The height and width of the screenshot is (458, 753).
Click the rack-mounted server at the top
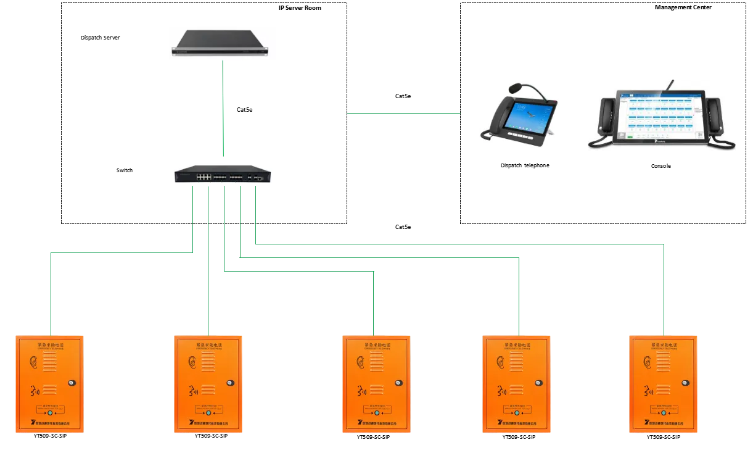coord(222,44)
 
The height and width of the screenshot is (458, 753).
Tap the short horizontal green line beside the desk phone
coord(404,112)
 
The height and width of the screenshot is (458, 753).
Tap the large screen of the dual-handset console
coord(661,115)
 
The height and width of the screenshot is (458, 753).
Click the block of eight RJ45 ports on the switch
coord(204,177)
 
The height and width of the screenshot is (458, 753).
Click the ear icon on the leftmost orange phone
coord(33,363)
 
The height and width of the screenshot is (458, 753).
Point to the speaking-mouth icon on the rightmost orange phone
coord(648,390)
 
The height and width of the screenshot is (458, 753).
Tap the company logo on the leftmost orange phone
coord(27,423)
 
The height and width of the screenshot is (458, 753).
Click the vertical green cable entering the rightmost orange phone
coord(664,290)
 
